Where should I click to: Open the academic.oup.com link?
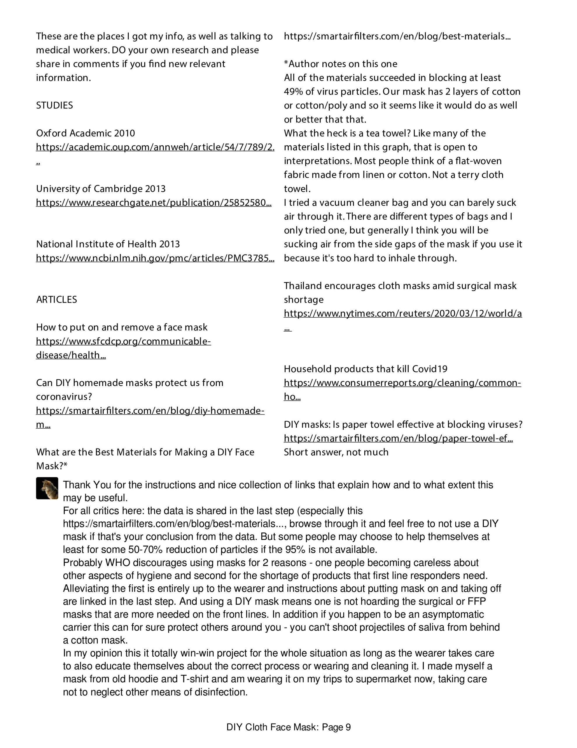(155, 147)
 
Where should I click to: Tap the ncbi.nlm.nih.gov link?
(155, 258)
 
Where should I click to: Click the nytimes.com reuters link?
(403, 314)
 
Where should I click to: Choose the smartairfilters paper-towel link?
(398, 438)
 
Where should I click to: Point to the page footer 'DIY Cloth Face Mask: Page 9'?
(288, 727)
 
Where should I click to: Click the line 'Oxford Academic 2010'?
(85, 133)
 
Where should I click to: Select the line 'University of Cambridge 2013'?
(101, 188)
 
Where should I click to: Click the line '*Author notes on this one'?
(340, 64)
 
